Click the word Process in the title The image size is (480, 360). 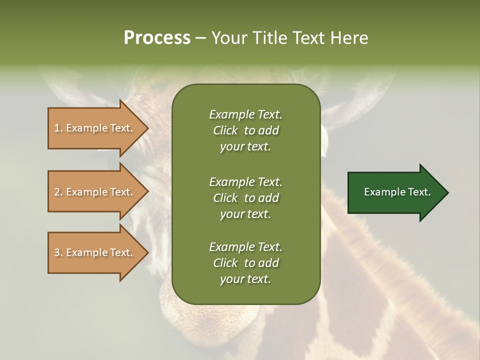(x=157, y=38)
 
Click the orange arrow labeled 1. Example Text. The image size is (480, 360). (x=98, y=128)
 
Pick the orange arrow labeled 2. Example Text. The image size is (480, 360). (x=98, y=191)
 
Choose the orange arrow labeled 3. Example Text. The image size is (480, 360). (x=98, y=252)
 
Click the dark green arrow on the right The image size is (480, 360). (x=398, y=192)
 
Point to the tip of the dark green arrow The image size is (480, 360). (x=448, y=192)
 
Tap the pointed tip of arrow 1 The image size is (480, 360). (x=148, y=128)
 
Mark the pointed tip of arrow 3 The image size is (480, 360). (x=148, y=253)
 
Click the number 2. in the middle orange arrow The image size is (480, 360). (x=59, y=192)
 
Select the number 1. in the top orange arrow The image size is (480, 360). (x=59, y=128)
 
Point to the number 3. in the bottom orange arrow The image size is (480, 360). (x=59, y=252)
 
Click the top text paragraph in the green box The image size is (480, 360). (x=246, y=130)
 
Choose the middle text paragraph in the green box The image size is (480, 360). (x=246, y=198)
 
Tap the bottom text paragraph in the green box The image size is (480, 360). (x=246, y=263)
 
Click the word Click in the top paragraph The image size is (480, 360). (x=225, y=130)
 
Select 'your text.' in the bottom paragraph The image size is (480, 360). (x=245, y=279)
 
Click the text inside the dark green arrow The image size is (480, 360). (x=397, y=192)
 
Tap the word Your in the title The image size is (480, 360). (x=229, y=38)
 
